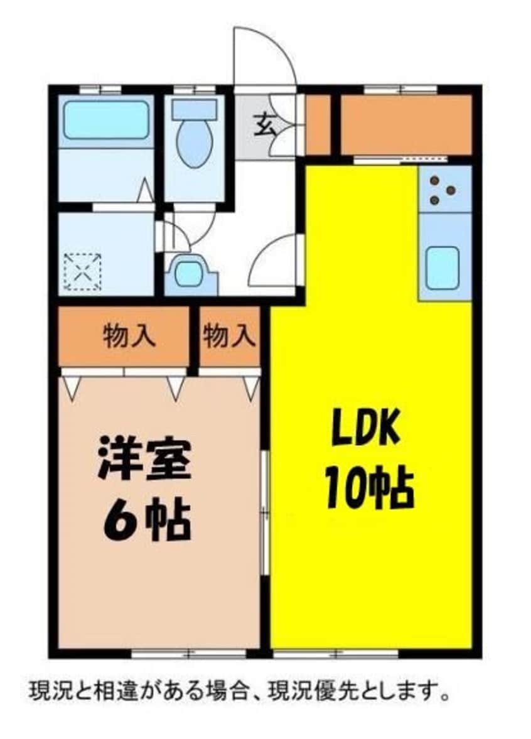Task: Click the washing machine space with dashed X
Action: point(83,272)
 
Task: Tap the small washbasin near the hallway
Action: point(188,274)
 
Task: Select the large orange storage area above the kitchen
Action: point(405,124)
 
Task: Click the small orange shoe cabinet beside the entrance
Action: point(318,124)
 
